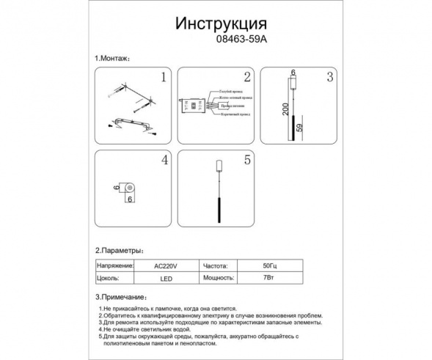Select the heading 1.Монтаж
coord(112,58)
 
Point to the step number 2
coord(247,76)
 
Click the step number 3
coord(330,76)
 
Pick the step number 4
coord(164,159)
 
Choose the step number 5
coord(247,159)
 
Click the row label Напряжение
coord(114,266)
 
